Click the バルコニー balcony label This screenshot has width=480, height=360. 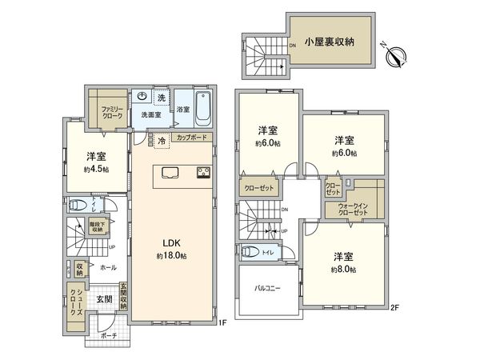click(x=267, y=288)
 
